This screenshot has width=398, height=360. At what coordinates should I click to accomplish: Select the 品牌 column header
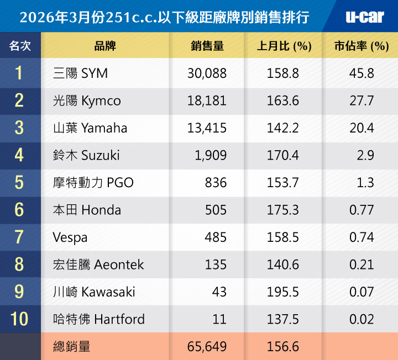point(105,46)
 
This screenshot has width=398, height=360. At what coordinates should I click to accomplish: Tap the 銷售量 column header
point(207,46)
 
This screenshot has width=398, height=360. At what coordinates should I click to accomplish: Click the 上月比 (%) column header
point(284,46)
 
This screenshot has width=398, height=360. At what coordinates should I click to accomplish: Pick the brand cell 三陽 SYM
point(80,73)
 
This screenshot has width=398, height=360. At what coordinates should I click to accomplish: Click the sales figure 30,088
point(207,73)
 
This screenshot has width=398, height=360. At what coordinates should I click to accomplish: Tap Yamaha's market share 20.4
point(362,128)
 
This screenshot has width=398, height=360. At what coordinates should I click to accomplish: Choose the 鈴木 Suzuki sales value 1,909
point(211,156)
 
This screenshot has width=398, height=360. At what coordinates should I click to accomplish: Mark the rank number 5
point(19,183)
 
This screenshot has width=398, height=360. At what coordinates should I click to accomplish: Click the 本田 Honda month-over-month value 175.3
point(283,210)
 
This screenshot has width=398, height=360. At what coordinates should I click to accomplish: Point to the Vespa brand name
point(70,237)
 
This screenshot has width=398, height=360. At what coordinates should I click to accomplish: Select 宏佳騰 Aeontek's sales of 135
point(216,264)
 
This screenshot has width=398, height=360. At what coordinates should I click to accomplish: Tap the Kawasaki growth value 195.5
point(283,292)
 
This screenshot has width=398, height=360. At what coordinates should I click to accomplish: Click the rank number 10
point(19,319)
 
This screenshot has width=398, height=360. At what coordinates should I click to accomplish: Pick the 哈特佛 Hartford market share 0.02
point(362,319)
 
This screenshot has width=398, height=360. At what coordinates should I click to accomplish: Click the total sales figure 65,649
point(207,346)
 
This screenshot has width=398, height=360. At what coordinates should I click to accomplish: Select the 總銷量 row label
point(72,346)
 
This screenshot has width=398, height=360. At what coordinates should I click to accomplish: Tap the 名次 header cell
point(20,46)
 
